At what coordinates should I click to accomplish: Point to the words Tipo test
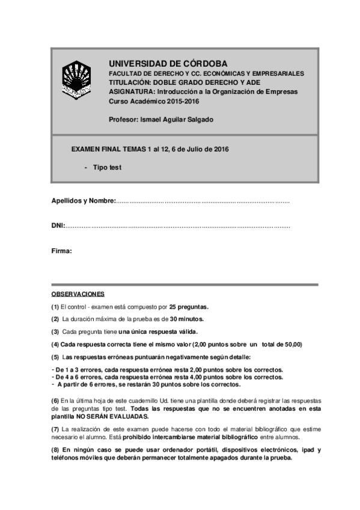click(106, 168)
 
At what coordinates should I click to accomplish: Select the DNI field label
click(58, 226)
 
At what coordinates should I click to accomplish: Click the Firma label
click(61, 251)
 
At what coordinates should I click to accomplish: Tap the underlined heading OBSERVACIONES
click(78, 294)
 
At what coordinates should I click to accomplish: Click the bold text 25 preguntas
click(189, 306)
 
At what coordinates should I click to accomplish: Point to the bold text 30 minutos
click(186, 319)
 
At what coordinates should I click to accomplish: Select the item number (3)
click(55, 331)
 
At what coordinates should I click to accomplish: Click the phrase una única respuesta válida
click(157, 331)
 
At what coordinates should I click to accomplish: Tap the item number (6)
click(55, 401)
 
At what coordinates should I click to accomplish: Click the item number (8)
click(55, 450)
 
